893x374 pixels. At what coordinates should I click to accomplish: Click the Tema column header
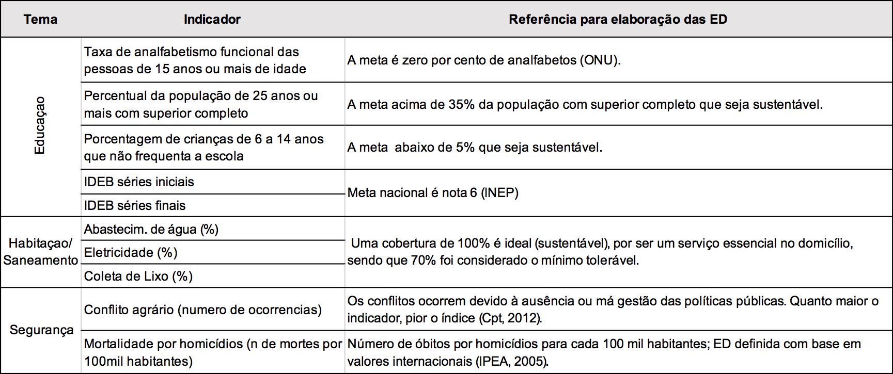(40, 20)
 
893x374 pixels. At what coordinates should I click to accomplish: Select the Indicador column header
(212, 20)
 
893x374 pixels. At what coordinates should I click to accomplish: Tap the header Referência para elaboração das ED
(618, 20)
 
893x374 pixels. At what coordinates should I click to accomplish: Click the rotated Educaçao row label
(40, 125)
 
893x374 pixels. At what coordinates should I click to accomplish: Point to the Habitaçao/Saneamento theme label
(41, 252)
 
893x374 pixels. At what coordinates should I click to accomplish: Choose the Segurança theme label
(41, 330)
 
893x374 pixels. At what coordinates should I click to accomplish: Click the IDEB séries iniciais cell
(139, 182)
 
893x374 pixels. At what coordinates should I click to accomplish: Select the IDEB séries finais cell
(135, 206)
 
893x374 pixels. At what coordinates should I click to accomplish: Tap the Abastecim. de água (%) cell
(151, 230)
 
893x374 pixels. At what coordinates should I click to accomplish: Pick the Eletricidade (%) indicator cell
(131, 253)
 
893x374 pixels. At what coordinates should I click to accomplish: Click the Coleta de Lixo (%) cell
(138, 277)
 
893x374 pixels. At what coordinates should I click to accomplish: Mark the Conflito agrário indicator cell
(202, 310)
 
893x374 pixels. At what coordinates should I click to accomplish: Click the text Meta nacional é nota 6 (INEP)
(433, 193)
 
